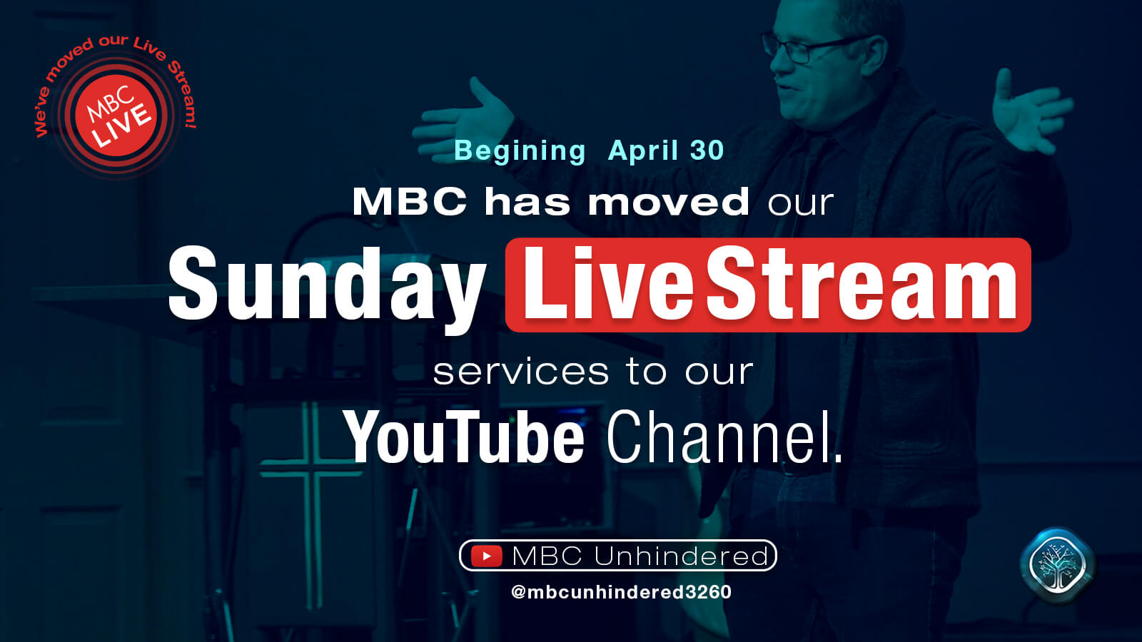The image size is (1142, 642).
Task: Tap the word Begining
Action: (x=520, y=151)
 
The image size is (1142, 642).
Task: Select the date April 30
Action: (x=666, y=151)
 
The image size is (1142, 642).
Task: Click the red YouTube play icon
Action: (x=486, y=556)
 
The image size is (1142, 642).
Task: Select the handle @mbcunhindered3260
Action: (x=621, y=592)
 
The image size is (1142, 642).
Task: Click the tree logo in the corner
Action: (x=1057, y=565)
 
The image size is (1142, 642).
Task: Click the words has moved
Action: (x=617, y=202)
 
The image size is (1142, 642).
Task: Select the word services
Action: (x=520, y=372)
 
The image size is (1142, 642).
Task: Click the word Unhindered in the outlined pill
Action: (x=681, y=556)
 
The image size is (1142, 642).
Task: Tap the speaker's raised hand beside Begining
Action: (x=467, y=120)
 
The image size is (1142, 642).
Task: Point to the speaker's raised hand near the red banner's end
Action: (x=1030, y=112)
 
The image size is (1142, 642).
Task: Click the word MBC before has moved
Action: (x=410, y=202)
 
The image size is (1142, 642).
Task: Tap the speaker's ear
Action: (x=875, y=57)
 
